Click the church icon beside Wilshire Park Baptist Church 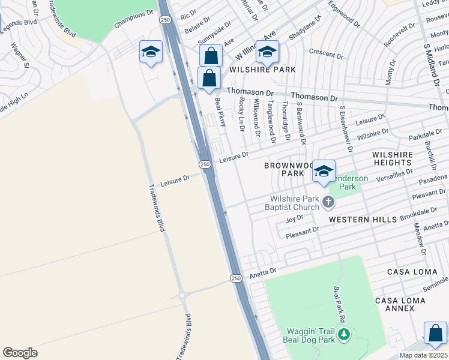(x=328, y=202)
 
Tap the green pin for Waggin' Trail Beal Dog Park (x=344, y=334)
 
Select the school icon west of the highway (x=151, y=52)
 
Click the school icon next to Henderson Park (x=324, y=171)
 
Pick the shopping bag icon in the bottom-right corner (x=435, y=333)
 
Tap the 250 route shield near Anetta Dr (x=236, y=278)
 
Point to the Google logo (x=20, y=353)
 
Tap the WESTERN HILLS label (x=363, y=220)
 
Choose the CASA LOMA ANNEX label (x=394, y=304)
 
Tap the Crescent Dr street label (x=326, y=54)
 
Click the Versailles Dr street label (x=392, y=175)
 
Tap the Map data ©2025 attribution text (x=423, y=355)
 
